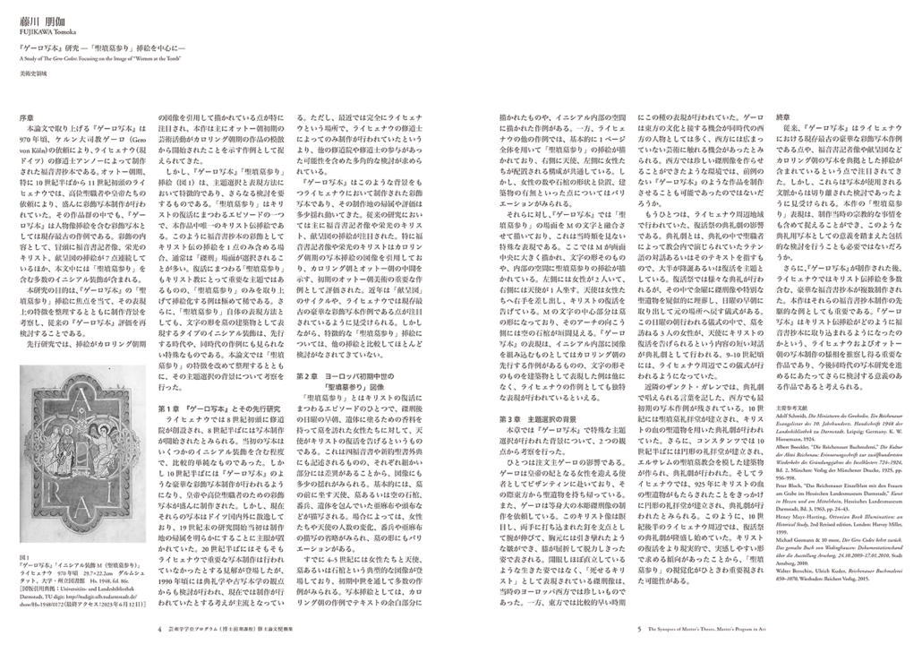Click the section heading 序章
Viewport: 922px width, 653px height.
(27, 117)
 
